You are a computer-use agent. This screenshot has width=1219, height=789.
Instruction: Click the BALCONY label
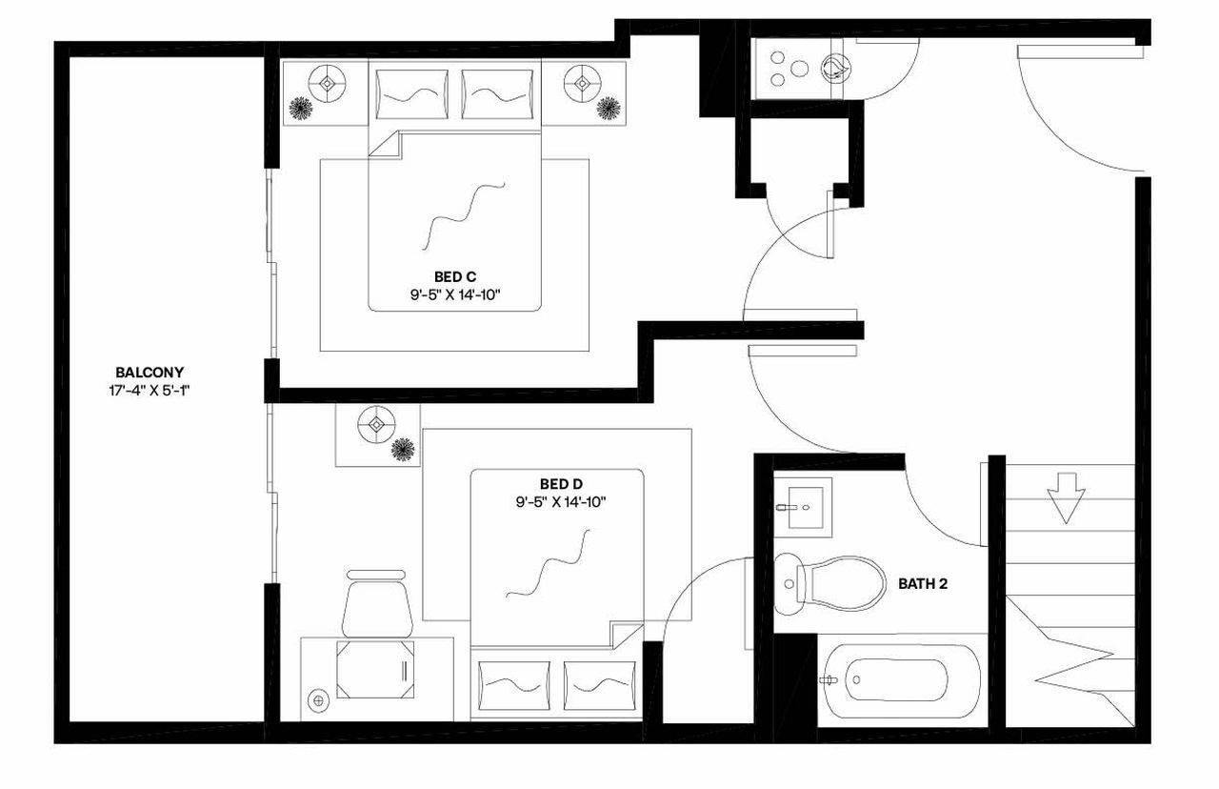click(x=150, y=373)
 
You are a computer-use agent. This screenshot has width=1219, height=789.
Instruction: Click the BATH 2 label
click(x=923, y=583)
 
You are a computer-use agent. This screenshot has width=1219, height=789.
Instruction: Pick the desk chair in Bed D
click(x=378, y=604)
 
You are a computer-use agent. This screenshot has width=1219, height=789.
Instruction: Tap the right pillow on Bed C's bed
click(x=496, y=94)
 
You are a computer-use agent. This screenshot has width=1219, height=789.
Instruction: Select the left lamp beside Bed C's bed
click(x=328, y=83)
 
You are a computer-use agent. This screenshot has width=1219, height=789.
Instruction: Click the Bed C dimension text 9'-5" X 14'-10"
click(x=455, y=295)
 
